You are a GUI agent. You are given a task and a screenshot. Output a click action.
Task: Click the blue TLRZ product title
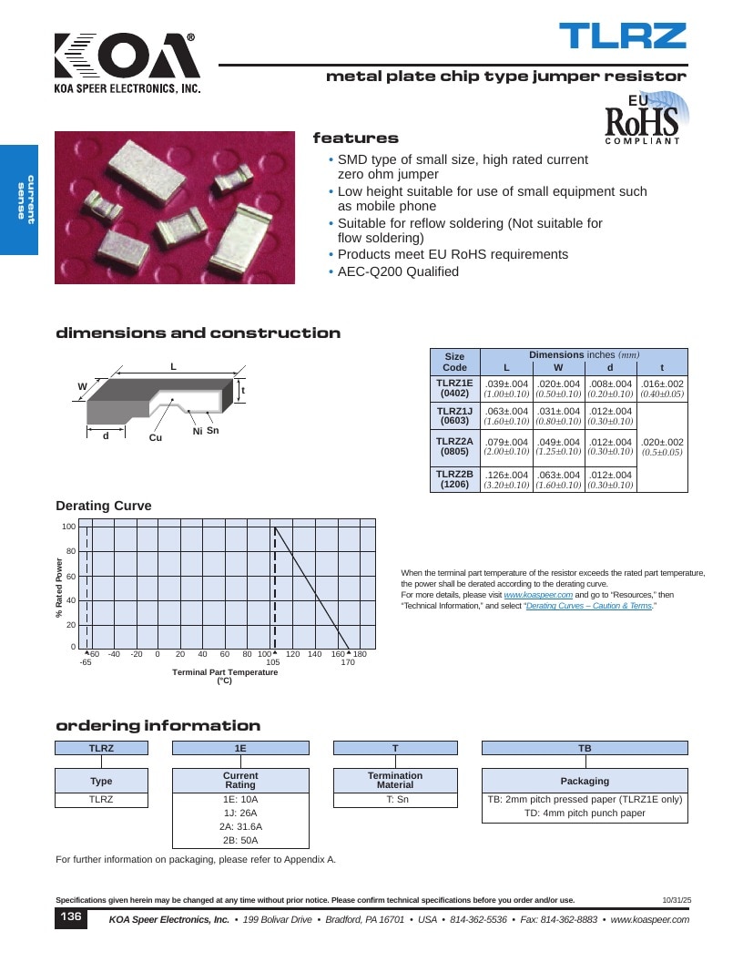622,36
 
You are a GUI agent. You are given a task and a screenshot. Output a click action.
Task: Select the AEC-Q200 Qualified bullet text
398,271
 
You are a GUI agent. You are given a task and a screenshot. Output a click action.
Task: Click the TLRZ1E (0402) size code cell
455,388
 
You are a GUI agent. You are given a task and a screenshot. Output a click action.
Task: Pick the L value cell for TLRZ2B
506,479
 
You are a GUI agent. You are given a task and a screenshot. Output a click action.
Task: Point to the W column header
558,367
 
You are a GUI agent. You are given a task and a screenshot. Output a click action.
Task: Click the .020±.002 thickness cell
662,446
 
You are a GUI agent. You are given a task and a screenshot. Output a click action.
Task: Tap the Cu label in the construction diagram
156,437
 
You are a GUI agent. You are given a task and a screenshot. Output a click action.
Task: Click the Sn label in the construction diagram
213,430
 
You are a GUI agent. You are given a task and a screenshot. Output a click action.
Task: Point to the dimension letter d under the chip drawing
106,435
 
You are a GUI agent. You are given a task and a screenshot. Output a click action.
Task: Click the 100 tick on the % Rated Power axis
68,527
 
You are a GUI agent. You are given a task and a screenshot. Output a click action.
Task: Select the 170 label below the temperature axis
348,662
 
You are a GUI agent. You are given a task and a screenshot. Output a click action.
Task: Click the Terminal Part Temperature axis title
225,672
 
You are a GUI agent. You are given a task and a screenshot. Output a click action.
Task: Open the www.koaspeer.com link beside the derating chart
538,595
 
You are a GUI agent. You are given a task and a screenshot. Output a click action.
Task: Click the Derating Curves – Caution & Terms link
589,606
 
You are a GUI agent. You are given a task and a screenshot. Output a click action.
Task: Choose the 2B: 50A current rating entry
240,841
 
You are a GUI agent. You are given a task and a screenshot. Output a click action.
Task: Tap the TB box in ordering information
585,748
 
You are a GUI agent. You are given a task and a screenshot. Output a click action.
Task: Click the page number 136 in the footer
70,916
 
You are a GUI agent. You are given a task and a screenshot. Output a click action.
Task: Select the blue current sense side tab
19,200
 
